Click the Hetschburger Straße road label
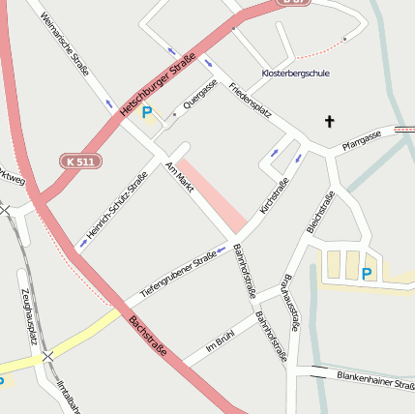(158, 87)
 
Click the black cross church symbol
(329, 122)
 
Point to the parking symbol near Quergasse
(147, 113)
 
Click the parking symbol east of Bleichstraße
(367, 274)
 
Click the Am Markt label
(181, 178)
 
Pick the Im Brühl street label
(221, 345)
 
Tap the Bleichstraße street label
(320, 213)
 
